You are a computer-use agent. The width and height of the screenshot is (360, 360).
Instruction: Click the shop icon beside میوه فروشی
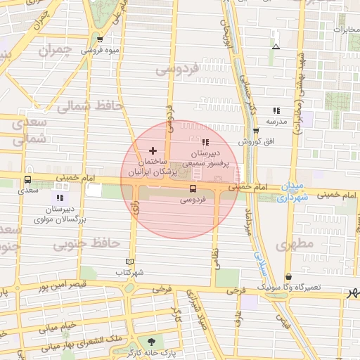tap(101, 39)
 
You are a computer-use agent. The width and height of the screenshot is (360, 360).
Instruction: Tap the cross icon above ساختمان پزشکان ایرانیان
tap(153, 150)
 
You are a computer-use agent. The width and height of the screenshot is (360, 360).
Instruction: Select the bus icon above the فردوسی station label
tap(193, 188)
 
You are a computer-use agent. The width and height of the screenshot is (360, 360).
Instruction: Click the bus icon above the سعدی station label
tap(28, 179)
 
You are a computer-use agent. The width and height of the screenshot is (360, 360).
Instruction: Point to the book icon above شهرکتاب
tap(129, 261)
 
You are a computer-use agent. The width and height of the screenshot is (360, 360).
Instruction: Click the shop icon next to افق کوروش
tap(255, 131)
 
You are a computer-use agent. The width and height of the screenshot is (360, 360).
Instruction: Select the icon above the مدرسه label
tap(276, 110)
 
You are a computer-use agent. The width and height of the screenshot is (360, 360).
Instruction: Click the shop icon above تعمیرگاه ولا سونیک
tap(289, 278)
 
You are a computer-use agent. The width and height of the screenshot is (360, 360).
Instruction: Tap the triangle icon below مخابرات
tap(276, 47)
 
